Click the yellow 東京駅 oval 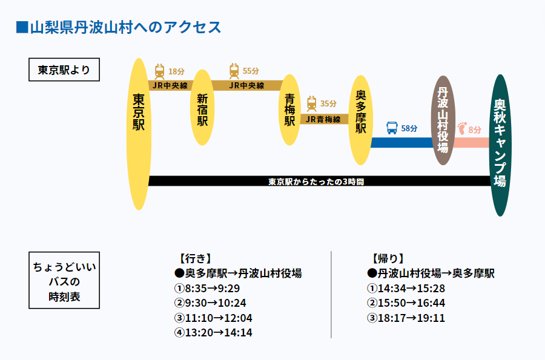[139, 134]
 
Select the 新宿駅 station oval [202, 108]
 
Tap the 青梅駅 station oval [290, 110]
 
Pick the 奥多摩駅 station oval [361, 120]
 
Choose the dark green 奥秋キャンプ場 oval [500, 145]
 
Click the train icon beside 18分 [159, 71]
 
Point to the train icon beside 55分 [234, 71]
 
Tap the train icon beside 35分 [311, 103]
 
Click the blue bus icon [392, 128]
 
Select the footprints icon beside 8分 [462, 129]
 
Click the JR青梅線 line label [324, 119]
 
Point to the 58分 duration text [409, 128]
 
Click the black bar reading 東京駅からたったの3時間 [319, 181]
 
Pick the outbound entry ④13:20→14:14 [213, 333]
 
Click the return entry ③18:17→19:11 [406, 318]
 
